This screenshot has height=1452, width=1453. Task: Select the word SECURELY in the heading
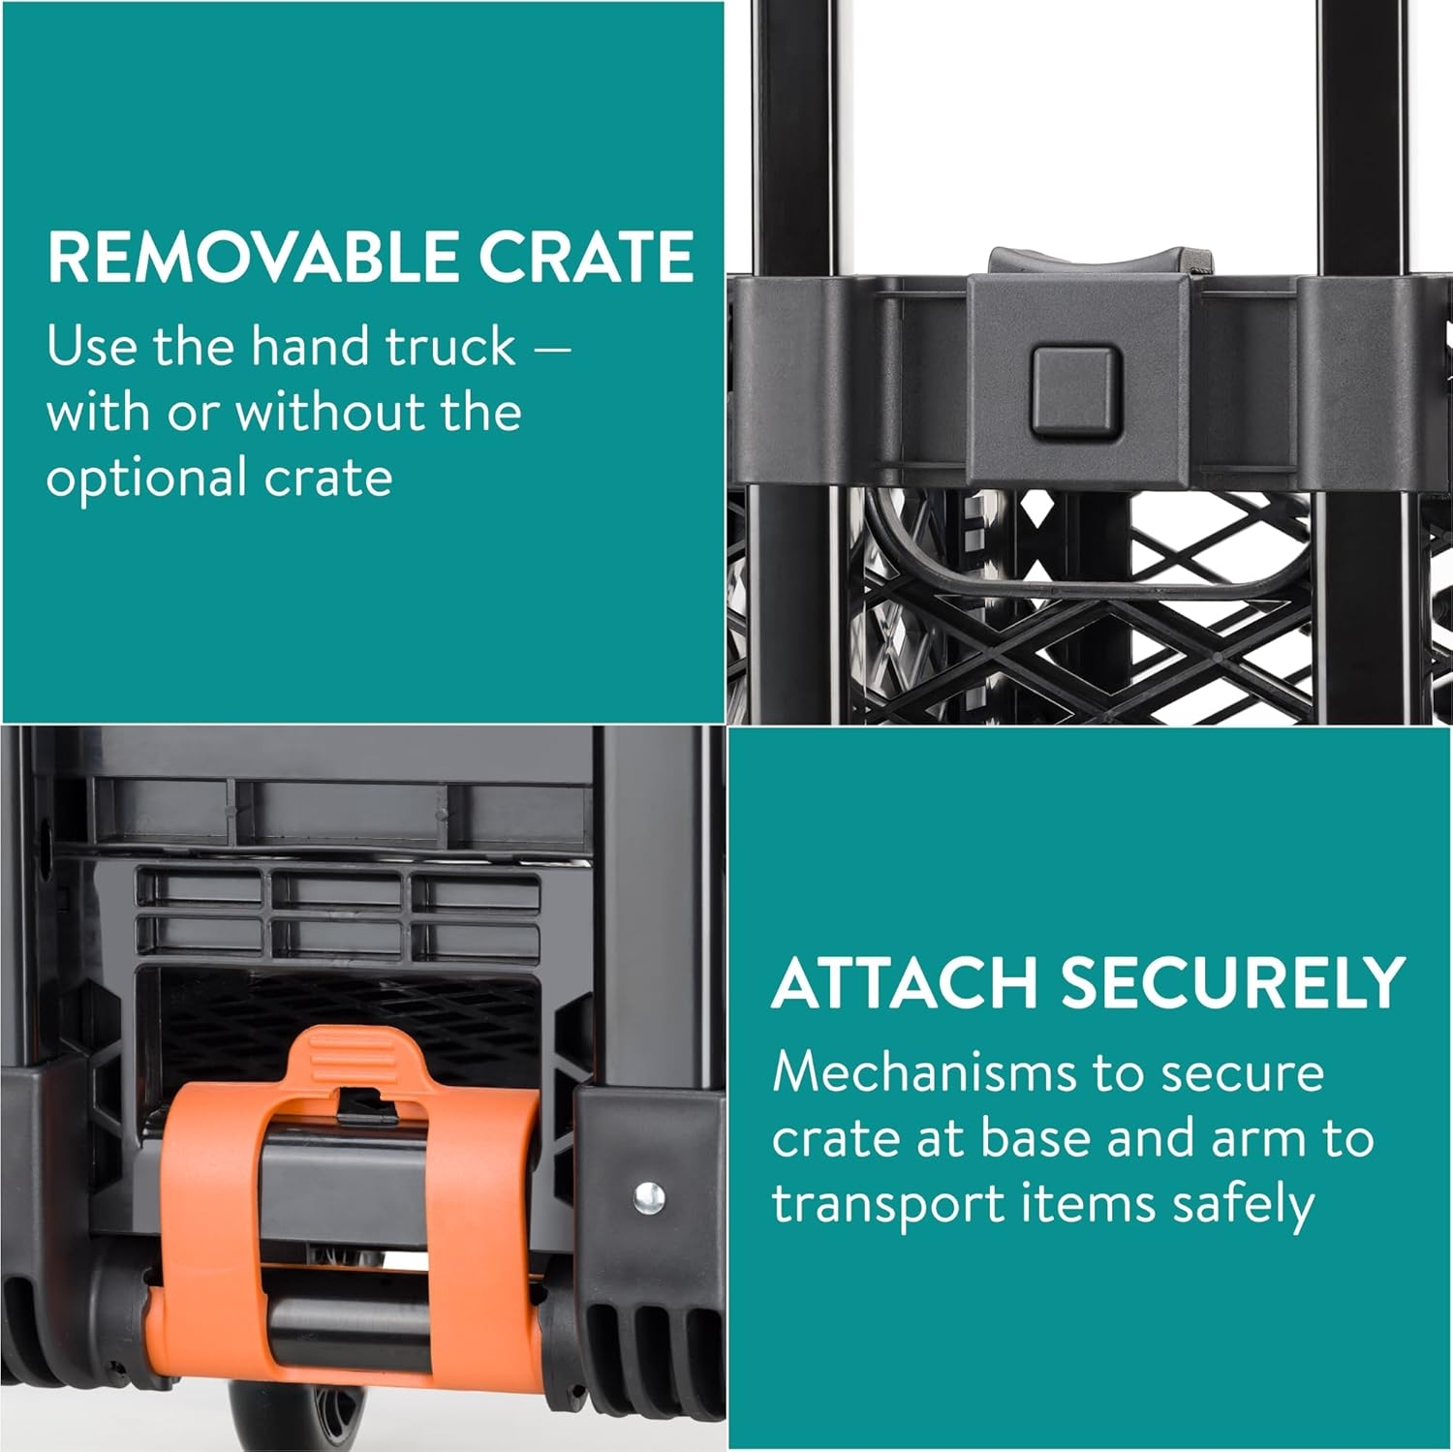(x=1232, y=982)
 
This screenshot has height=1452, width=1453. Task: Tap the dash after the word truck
(x=551, y=349)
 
